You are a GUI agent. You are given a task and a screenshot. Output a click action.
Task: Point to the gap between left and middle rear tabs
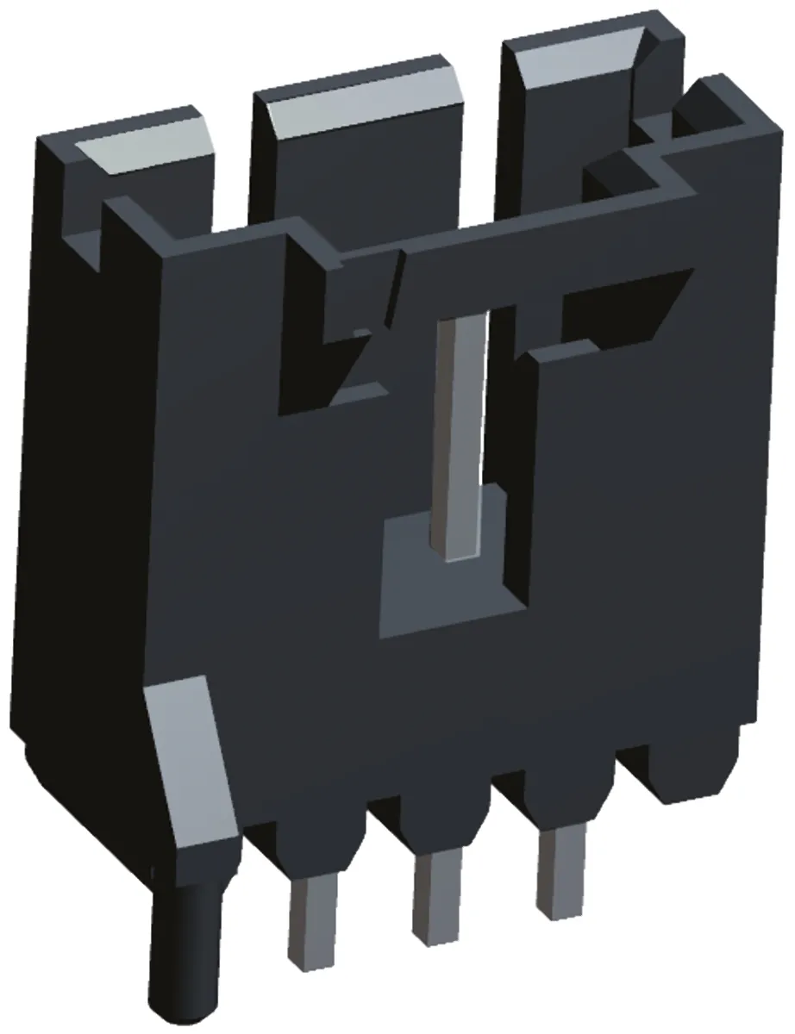[x=231, y=172]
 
